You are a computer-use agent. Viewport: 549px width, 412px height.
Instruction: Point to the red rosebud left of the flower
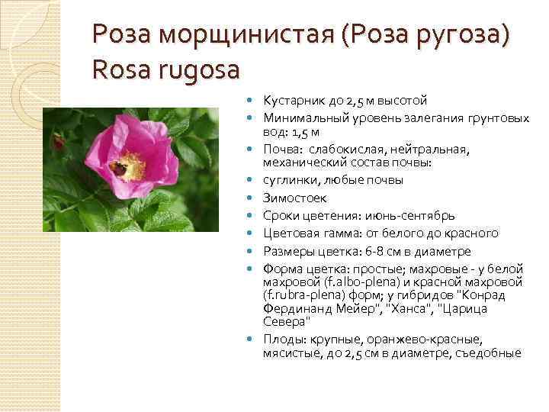click(x=59, y=140)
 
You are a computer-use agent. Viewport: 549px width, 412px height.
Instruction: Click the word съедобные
click(x=491, y=352)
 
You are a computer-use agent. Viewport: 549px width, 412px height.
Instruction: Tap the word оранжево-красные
click(x=403, y=339)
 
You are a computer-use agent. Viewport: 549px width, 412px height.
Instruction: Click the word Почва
click(x=280, y=150)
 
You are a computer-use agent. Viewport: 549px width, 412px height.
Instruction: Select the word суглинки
click(x=289, y=179)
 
